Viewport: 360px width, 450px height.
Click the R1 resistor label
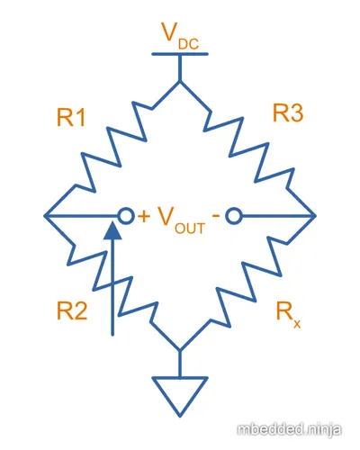[71, 117]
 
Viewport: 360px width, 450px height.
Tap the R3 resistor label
[288, 112]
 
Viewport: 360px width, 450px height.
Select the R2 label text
[72, 311]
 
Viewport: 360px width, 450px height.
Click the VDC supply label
[180, 36]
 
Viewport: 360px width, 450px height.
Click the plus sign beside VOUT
[144, 216]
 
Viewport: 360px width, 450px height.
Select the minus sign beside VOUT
[216, 215]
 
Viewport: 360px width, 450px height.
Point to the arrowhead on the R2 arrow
[112, 230]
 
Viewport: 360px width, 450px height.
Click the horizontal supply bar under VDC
[180, 54]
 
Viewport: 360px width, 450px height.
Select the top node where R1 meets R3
[180, 81]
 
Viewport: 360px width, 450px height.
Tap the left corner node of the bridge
[45, 215]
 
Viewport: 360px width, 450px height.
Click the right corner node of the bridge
[315, 215]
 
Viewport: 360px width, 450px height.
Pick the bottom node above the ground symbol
[180, 350]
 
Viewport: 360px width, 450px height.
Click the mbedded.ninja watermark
[289, 430]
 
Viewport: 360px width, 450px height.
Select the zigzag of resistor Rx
[248, 283]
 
